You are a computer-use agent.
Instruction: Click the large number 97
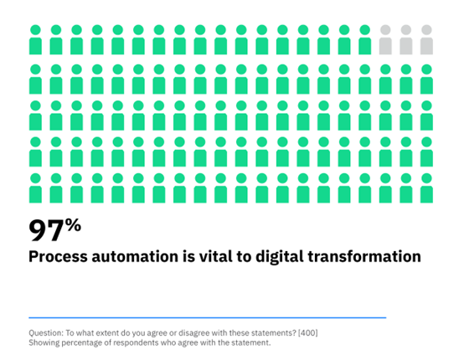pos(46,231)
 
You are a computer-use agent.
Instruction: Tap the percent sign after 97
pos(73,225)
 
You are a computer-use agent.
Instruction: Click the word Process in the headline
pos(58,256)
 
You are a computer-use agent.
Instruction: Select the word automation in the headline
pos(135,256)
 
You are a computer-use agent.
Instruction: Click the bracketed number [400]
pos(307,333)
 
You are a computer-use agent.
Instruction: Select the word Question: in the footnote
pos(46,333)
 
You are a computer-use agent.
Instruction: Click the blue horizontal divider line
pos(208,317)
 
